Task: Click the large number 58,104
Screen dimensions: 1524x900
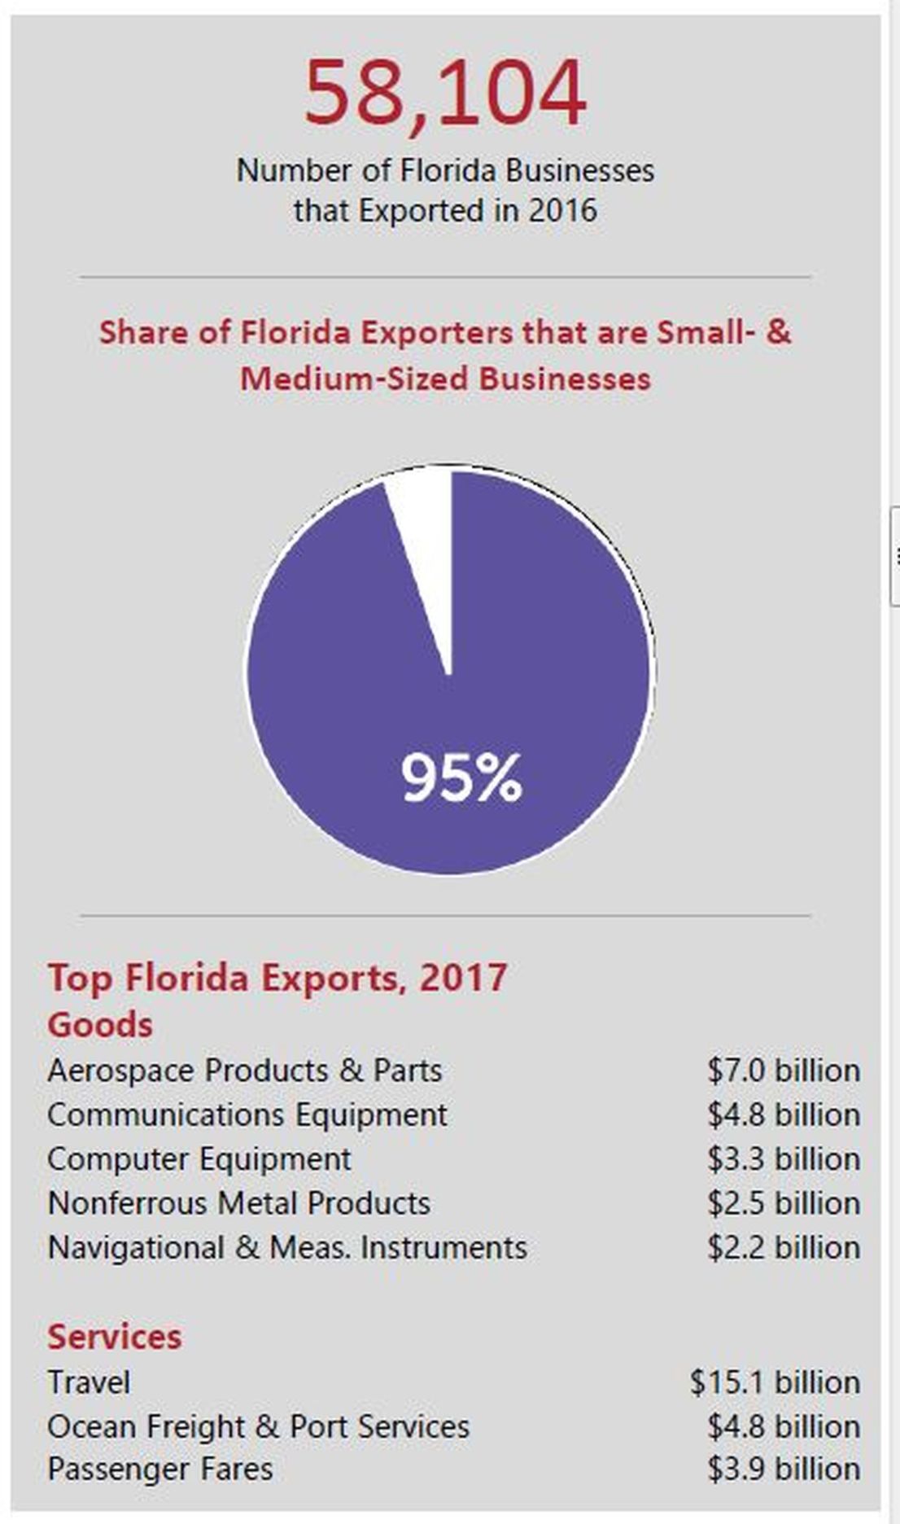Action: pos(445,93)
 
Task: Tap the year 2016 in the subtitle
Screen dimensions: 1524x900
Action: pos(562,211)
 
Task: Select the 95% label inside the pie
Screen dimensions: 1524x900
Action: pos(461,778)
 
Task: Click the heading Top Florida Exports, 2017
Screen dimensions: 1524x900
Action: pos(277,977)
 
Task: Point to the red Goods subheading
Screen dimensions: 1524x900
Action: pos(100,1024)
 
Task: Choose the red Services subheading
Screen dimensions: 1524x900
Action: pos(114,1337)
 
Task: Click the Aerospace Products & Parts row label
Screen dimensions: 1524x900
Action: pos(244,1071)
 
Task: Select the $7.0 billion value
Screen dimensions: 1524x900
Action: pos(783,1071)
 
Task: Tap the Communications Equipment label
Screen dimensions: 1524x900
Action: pos(247,1115)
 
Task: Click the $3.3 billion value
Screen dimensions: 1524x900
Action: pos(783,1158)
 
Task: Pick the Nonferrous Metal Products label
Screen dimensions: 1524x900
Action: pos(238,1203)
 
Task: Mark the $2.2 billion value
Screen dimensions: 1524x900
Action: pos(783,1247)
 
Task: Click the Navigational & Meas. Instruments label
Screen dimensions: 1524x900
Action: pos(286,1247)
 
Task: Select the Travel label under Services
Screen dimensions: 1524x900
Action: pos(89,1382)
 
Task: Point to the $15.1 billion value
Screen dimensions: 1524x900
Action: pos(774,1382)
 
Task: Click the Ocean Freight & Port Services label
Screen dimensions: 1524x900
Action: pos(258,1426)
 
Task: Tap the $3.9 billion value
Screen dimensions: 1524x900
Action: pos(783,1469)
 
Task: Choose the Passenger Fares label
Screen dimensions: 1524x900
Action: pos(159,1469)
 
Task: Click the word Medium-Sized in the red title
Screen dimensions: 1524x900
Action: pos(354,379)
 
